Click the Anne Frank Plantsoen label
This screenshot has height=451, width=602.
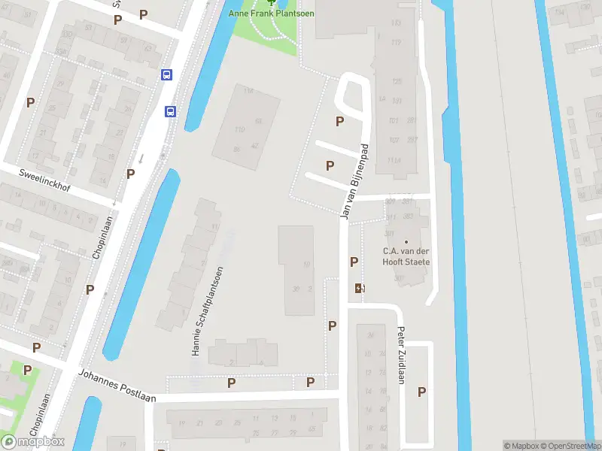(x=272, y=14)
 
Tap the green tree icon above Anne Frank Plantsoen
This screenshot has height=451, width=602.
(x=272, y=2)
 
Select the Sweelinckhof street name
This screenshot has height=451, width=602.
(x=45, y=180)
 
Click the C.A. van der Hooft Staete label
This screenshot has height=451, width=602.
(x=406, y=256)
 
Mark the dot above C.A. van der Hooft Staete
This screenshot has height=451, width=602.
(x=406, y=241)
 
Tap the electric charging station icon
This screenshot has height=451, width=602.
(x=359, y=288)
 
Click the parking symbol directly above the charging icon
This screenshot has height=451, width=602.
(x=354, y=262)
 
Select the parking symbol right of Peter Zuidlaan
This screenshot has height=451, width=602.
(x=421, y=392)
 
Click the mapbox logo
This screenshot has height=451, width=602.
(x=33, y=441)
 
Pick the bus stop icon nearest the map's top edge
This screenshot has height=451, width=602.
(x=167, y=74)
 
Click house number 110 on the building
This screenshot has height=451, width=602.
(x=240, y=130)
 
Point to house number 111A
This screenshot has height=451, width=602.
(x=393, y=161)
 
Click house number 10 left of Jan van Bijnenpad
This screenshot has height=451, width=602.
(x=306, y=265)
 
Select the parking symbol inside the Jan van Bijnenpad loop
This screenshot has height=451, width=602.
(x=340, y=121)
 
